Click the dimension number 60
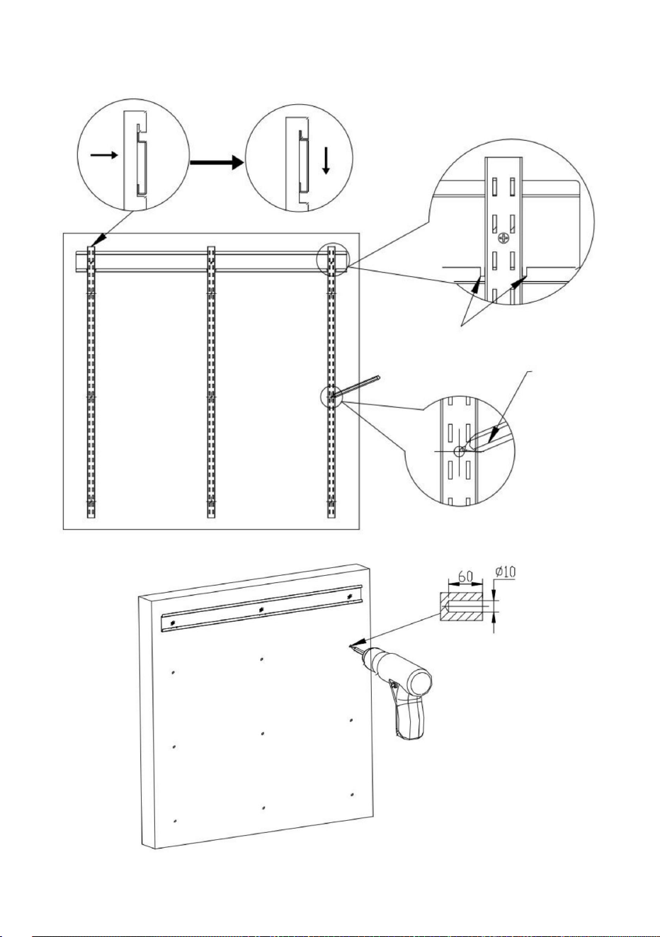(465, 576)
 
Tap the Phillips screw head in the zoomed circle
(503, 239)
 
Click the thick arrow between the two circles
(217, 162)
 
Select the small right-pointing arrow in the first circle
(104, 155)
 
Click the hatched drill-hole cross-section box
(461, 607)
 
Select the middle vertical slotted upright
(211, 382)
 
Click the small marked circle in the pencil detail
(459, 451)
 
